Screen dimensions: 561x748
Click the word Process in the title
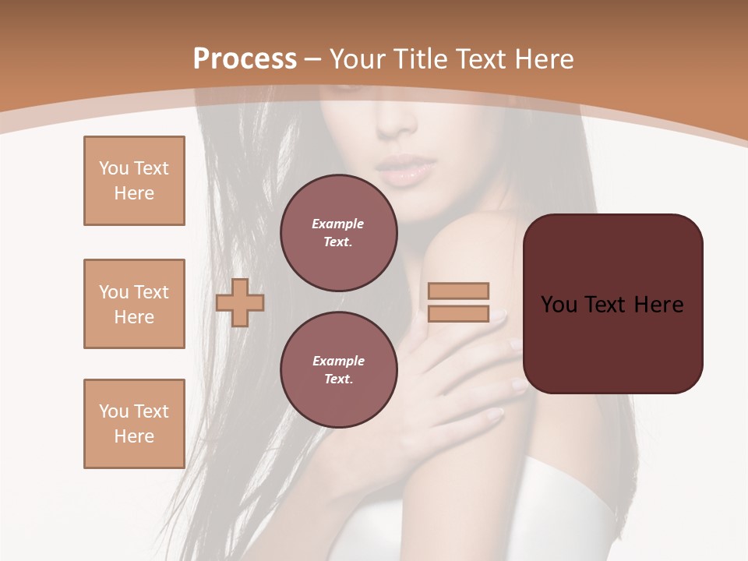click(245, 59)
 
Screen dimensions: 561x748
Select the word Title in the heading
click(423, 59)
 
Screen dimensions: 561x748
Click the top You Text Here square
click(134, 181)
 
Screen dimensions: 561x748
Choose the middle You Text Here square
click(134, 304)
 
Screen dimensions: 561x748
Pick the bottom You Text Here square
click(134, 424)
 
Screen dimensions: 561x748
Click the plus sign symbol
click(240, 302)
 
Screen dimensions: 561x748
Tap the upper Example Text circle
click(338, 232)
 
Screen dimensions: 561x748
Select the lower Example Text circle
click(338, 369)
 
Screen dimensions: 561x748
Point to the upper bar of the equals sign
click(458, 291)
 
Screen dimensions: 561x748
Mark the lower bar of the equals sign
click(458, 313)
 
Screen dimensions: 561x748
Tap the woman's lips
click(404, 170)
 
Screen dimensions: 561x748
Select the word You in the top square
click(113, 168)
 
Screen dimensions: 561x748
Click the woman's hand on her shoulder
click(452, 366)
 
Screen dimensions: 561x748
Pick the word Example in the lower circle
click(338, 361)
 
